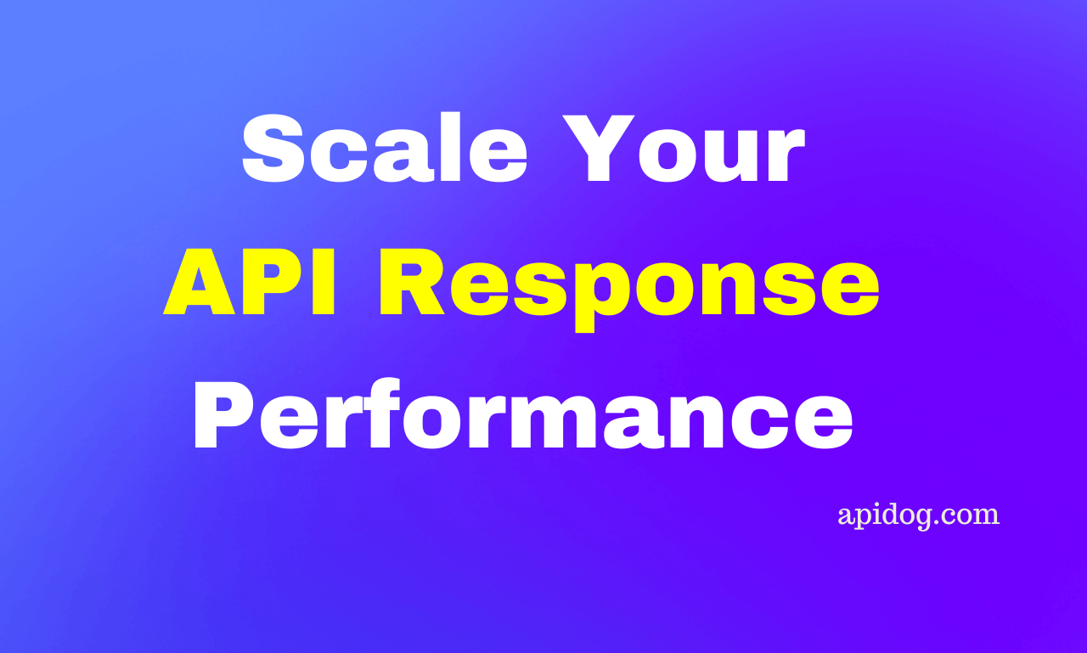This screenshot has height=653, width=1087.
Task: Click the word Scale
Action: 385,148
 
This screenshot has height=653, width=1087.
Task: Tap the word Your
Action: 684,149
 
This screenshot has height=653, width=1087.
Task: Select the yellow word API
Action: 250,281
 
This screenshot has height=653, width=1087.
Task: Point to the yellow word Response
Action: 629,290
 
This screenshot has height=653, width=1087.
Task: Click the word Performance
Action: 523,414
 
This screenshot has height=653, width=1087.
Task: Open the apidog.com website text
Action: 919,516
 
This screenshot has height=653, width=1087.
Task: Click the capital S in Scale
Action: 273,149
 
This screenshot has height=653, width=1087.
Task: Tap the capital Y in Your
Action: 599,148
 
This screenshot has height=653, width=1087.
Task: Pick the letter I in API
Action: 324,281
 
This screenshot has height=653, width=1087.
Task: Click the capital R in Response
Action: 412,281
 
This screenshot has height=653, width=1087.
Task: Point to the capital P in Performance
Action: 224,414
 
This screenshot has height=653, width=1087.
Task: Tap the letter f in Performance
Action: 383,413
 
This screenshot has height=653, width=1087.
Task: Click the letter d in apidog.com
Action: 898,513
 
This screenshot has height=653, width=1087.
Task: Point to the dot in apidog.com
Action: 943,522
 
